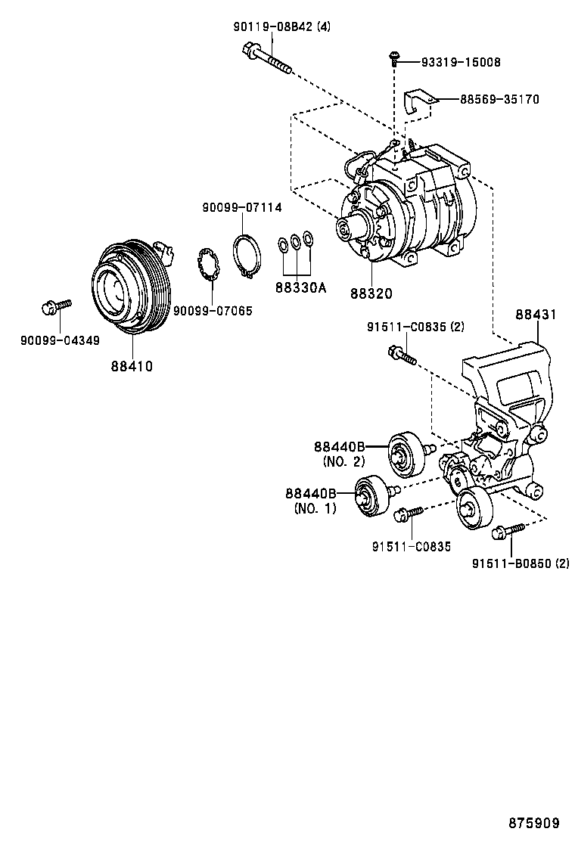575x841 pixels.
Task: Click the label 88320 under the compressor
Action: [371, 293]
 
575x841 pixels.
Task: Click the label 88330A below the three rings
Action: [300, 288]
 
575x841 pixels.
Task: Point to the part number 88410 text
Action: [132, 366]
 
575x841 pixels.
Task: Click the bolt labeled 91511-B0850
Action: [507, 532]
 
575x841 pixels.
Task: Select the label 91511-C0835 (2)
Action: [415, 327]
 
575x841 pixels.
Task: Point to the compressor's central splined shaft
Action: [350, 228]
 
